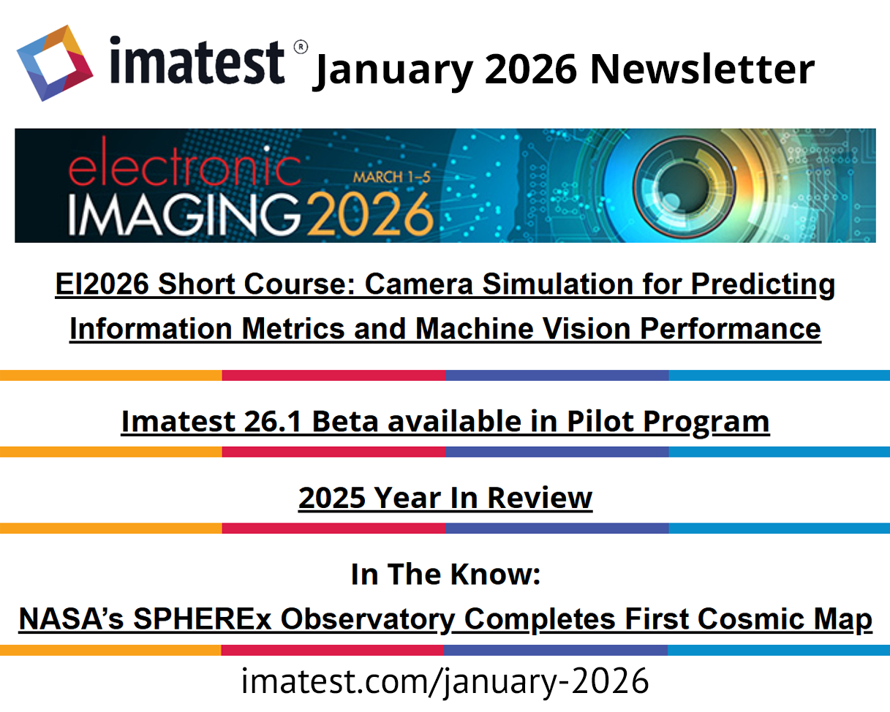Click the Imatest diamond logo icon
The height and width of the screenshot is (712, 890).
(x=55, y=64)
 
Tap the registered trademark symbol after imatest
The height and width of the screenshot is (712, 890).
(x=301, y=47)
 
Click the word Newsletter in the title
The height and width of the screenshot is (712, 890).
(x=703, y=69)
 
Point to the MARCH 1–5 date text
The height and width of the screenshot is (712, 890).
(x=392, y=178)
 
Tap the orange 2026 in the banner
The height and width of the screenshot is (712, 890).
(x=371, y=215)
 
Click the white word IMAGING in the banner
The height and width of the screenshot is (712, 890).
(x=184, y=215)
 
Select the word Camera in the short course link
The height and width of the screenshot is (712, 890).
(x=418, y=284)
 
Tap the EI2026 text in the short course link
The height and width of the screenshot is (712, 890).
(x=102, y=284)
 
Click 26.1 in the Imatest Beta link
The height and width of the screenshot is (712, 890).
(x=272, y=422)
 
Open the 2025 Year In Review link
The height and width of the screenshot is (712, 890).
(x=445, y=498)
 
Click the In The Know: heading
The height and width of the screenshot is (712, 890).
(x=446, y=575)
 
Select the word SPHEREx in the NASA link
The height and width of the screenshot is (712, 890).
(x=203, y=619)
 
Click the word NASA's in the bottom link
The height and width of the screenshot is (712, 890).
(x=71, y=619)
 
